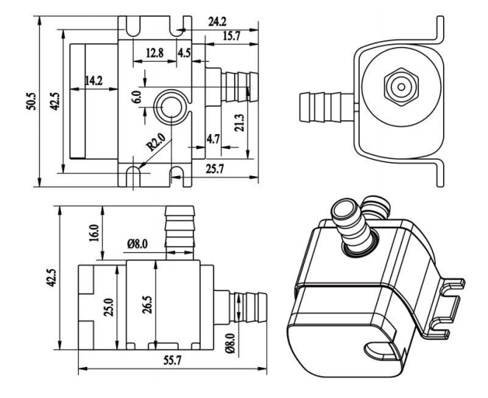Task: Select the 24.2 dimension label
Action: tap(218, 21)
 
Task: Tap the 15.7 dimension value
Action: tap(232, 36)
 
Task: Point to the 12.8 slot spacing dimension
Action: tap(155, 53)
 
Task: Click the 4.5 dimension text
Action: tap(184, 53)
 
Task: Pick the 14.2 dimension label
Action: tap(93, 81)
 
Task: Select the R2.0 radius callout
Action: tap(155, 142)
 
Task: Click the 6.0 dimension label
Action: tap(137, 97)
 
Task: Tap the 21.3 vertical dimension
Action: tap(240, 123)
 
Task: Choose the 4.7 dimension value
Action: tap(213, 139)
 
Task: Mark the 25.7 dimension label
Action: tap(215, 169)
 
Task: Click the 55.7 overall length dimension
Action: tap(172, 360)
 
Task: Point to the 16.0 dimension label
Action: tap(93, 234)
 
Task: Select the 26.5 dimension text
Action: tap(147, 304)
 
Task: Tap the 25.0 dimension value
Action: tap(109, 307)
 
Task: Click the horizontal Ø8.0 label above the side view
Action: tap(137, 244)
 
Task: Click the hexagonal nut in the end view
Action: tap(401, 87)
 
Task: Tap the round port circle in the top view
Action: tap(171, 107)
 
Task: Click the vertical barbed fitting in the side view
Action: tap(180, 232)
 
